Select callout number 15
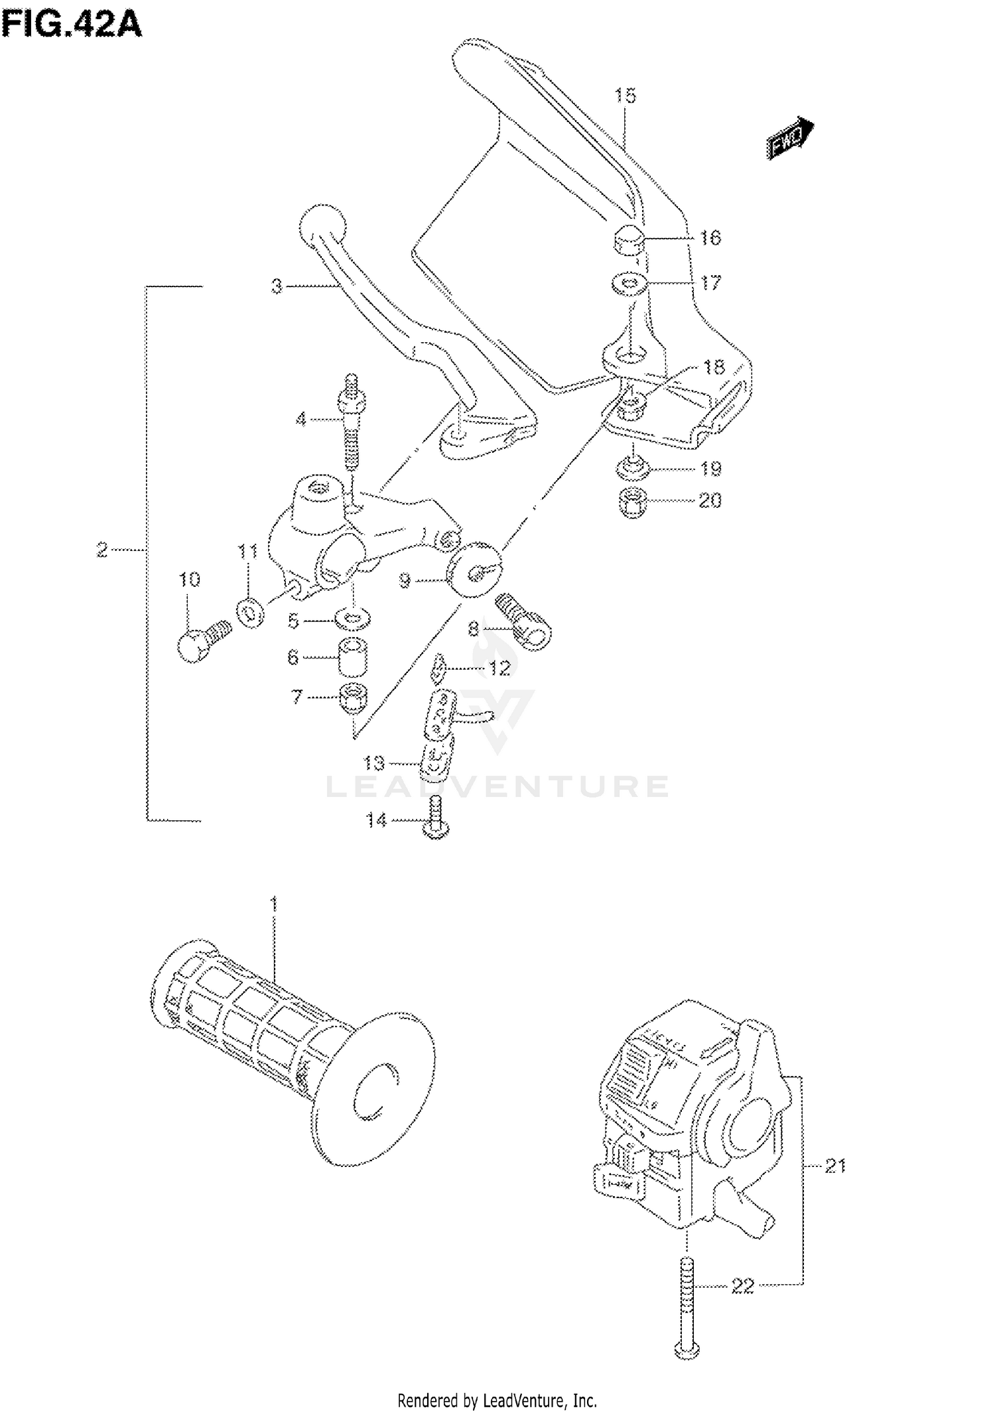[624, 95]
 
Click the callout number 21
[834, 1166]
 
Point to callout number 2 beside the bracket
[101, 550]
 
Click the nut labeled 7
[353, 698]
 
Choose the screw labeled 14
[434, 822]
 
